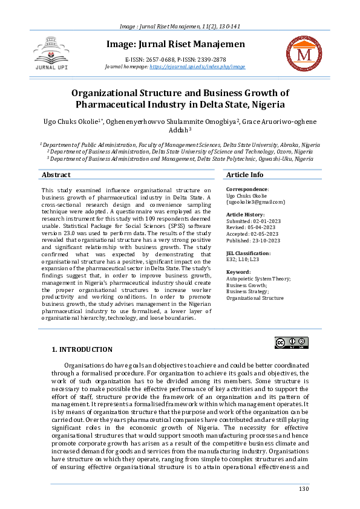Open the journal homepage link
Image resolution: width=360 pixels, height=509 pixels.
pos(197,66)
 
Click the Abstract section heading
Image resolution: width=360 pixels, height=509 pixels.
pos(56,175)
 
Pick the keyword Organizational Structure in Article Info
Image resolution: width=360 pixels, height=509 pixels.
pos(254,298)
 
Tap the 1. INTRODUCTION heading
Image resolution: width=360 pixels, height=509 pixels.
pos(82,349)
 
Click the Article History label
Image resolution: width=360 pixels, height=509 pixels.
pos(246,215)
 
